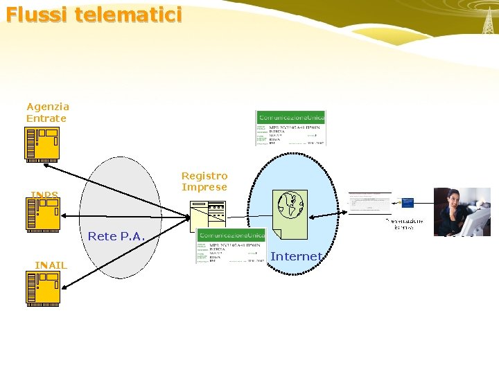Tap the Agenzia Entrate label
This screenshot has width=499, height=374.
[47, 112]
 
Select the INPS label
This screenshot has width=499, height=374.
[44, 194]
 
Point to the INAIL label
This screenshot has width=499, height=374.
[51, 265]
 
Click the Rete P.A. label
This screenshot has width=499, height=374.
[116, 236]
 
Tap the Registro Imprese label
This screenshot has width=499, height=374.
[204, 181]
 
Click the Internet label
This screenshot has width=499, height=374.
[296, 256]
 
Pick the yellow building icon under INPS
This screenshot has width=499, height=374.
[42, 213]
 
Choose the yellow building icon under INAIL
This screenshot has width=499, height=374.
[42, 287]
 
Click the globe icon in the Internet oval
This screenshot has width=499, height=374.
[290, 205]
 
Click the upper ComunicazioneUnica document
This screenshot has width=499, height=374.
[290, 128]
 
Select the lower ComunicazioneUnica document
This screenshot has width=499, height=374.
[231, 246]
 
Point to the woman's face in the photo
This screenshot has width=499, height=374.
[454, 199]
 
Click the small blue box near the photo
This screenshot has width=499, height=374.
[408, 202]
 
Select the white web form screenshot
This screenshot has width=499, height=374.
[369, 204]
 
